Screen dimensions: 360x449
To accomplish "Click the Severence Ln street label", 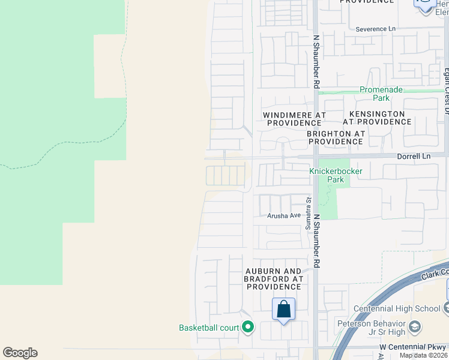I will pos(376,29).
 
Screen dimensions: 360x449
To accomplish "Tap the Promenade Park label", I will pos(382,94).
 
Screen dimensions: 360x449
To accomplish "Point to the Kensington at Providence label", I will pos(377,118).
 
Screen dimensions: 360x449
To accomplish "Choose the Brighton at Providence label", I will pos(336,137).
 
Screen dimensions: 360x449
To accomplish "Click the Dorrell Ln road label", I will pos(414,156).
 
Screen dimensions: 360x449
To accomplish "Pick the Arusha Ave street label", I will pos(284,215).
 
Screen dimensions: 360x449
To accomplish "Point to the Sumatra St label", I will pos(308,214).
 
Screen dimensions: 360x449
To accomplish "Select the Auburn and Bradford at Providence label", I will pos(274,279).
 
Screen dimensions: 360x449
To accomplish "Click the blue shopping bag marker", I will pos(283,310).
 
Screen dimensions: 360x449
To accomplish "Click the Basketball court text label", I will pos(209,328).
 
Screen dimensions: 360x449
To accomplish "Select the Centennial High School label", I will pos(397,308).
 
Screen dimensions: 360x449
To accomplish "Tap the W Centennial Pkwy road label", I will pos(413,347).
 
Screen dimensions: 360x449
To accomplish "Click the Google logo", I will pos(20,353).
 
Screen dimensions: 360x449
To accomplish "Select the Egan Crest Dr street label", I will pos(446,91).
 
